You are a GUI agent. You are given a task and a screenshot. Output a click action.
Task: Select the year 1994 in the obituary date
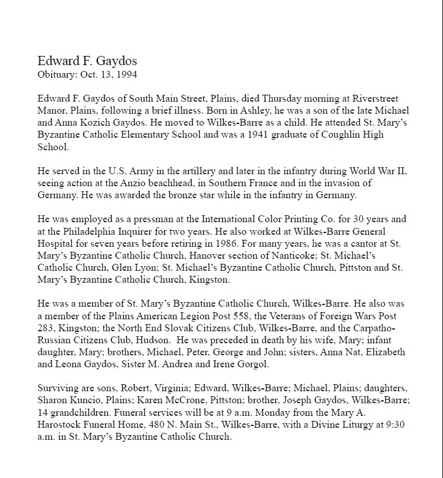click(126, 74)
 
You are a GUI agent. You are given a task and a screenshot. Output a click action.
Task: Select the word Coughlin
click(333, 135)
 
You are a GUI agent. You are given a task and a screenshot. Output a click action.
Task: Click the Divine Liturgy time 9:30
click(398, 425)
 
